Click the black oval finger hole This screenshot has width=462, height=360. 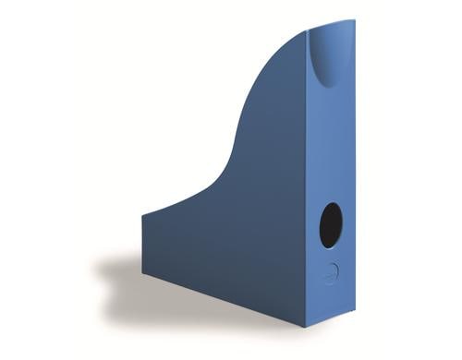(331, 225)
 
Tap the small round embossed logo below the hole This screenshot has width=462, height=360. (331, 272)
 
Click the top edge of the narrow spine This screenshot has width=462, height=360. (331, 24)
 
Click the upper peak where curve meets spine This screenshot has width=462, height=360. (304, 33)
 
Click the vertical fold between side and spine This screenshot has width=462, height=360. (306, 185)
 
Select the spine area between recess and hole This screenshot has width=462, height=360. (331, 148)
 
